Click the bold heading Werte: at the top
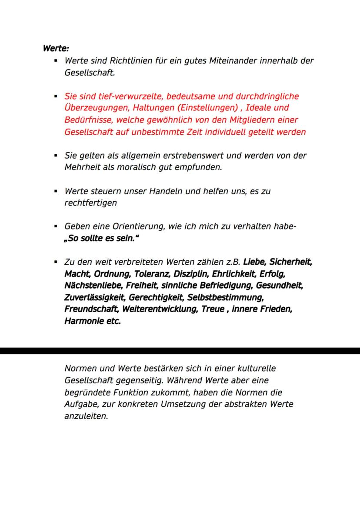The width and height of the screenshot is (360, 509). click(56, 48)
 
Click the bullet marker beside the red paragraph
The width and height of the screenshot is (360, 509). click(56, 96)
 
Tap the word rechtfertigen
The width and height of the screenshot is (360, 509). click(90, 203)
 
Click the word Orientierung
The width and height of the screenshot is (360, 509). click(135, 226)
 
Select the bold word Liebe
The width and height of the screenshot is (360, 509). click(254, 263)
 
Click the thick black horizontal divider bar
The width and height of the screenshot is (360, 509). click(180, 351)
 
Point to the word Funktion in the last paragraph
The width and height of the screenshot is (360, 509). click(130, 393)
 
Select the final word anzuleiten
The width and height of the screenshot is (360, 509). click(85, 416)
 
